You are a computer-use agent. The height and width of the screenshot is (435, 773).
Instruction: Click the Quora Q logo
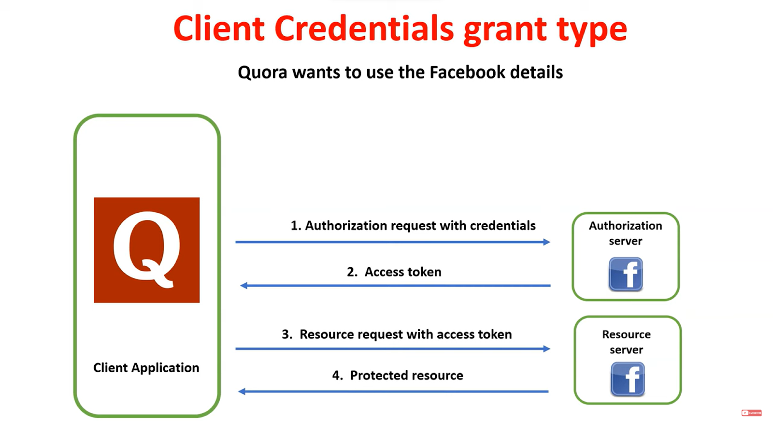click(x=147, y=250)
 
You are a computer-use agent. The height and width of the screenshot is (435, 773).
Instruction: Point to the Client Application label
click(x=146, y=368)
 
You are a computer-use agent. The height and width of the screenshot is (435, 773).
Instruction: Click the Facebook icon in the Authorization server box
click(x=626, y=274)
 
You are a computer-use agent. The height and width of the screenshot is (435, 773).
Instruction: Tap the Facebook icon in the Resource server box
click(x=628, y=379)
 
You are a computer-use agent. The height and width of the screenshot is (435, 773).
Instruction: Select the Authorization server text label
click(x=626, y=233)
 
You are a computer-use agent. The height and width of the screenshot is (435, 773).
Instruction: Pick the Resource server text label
click(x=626, y=342)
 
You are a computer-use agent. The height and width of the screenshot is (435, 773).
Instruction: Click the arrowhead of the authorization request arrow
click(x=547, y=242)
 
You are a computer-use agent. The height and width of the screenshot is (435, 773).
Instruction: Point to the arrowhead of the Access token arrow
click(x=244, y=286)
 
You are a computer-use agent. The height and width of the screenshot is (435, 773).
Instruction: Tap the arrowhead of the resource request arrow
click(x=547, y=348)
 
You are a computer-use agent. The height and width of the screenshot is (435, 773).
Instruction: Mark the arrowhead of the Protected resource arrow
click(x=242, y=391)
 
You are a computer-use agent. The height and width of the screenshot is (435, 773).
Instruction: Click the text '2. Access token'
click(x=394, y=272)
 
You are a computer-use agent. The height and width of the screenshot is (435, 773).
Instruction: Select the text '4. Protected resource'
click(x=398, y=376)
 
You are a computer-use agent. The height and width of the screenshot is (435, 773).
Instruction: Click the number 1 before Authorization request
click(x=295, y=226)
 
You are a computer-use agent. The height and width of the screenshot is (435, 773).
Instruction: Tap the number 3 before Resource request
click(x=286, y=334)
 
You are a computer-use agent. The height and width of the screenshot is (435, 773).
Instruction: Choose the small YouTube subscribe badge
click(x=751, y=413)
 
